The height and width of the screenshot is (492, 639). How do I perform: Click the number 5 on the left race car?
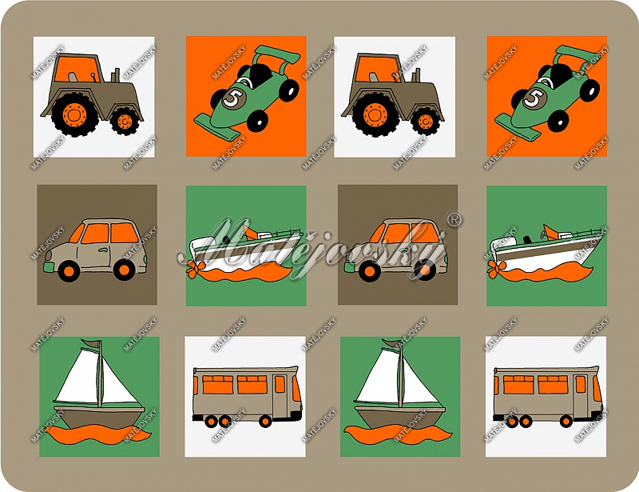[234, 99]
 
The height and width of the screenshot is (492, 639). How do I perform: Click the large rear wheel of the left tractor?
[75, 114]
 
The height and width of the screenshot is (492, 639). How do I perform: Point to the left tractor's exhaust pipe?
[117, 74]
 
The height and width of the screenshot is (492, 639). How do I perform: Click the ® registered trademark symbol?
[454, 220]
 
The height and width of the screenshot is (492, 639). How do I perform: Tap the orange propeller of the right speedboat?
[495, 268]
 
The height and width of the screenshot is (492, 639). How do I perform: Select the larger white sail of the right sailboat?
[377, 377]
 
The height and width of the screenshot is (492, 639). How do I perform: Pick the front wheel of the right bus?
[566, 421]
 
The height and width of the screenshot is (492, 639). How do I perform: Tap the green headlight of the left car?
[49, 267]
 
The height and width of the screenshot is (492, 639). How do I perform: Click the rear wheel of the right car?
[425, 270]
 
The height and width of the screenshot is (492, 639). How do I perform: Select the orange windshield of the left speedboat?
[249, 233]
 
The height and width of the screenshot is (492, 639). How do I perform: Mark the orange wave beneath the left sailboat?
[98, 434]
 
